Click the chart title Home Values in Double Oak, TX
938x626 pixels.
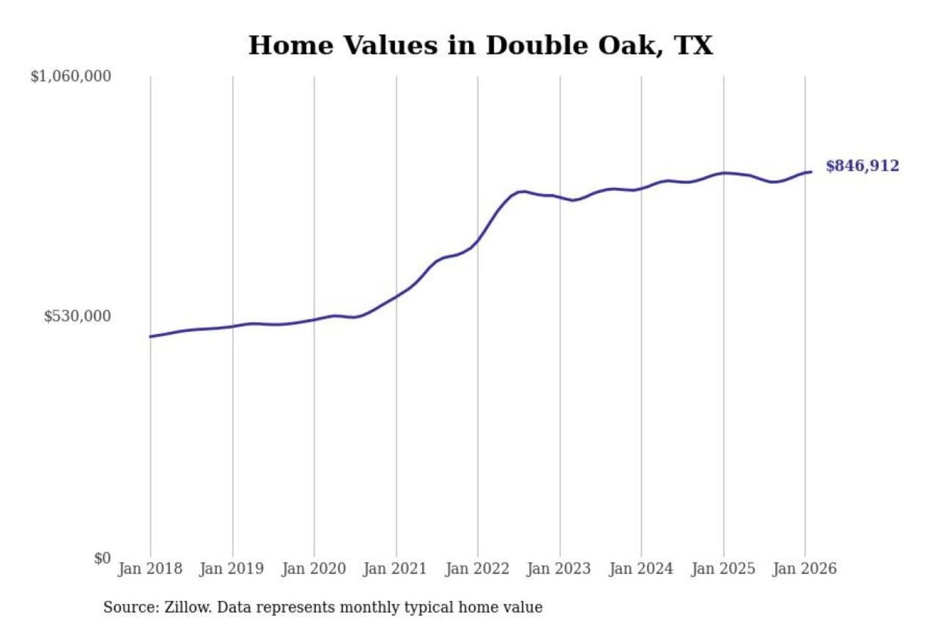[x=481, y=46]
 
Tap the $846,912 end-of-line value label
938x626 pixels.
[x=862, y=166]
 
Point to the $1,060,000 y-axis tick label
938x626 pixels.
[x=71, y=76]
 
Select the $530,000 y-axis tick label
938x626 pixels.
[x=78, y=316]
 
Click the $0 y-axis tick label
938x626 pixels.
[x=102, y=558]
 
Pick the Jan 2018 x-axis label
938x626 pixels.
[x=150, y=569]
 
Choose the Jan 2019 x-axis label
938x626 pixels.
[x=232, y=569]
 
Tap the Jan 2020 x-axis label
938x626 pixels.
[x=313, y=569]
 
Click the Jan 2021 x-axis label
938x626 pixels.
[x=395, y=569]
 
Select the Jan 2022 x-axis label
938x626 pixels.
[x=477, y=569]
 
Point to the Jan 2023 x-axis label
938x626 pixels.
[x=558, y=569]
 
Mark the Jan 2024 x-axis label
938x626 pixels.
[x=640, y=569]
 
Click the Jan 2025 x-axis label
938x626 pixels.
[x=722, y=569]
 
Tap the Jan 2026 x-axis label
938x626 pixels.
[x=804, y=569]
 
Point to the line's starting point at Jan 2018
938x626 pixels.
[x=150, y=336]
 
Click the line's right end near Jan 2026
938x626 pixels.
[x=811, y=171]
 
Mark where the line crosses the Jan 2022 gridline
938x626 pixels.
[x=477, y=241]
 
